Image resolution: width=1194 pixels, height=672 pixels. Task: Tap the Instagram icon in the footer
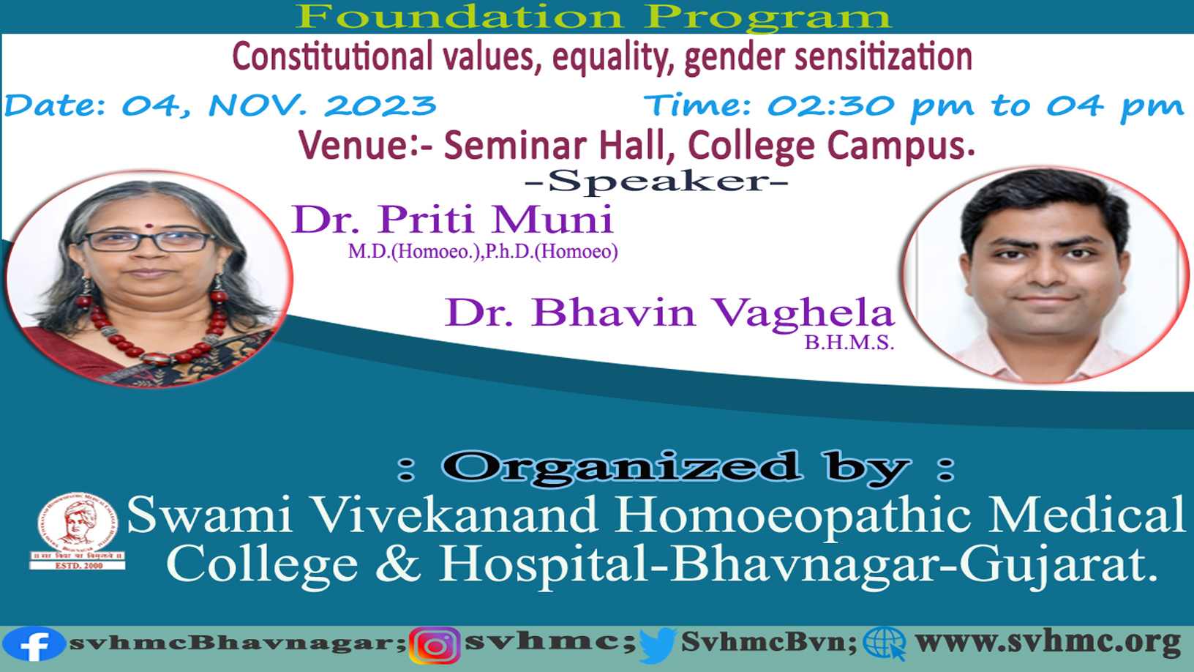coord(435,646)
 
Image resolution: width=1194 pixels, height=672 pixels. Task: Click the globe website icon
coord(885,644)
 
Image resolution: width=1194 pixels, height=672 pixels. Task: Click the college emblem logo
coord(78,531)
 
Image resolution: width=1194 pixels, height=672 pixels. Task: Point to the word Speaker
coord(656,182)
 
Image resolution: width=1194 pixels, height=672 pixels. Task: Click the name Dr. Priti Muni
coord(452,219)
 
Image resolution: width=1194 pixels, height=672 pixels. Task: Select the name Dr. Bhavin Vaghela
coord(669,313)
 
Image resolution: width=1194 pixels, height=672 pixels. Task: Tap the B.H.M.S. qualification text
coord(849,343)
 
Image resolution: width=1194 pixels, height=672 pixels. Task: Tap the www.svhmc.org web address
coord(1048,643)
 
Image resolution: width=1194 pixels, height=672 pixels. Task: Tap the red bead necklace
coord(152,331)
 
